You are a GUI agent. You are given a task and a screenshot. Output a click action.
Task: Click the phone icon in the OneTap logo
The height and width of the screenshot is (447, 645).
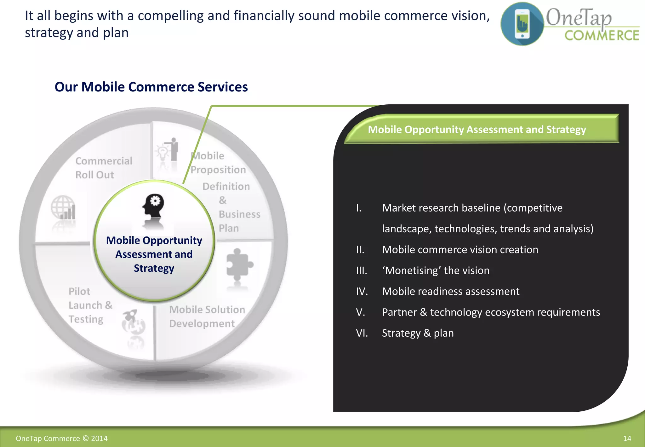pyautogui.click(x=522, y=24)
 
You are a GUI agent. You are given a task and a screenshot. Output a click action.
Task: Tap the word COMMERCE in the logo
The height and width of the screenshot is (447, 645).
pyautogui.click(x=602, y=35)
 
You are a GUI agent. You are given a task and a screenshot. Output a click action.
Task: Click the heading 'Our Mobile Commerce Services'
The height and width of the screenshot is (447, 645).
pyautogui.click(x=151, y=87)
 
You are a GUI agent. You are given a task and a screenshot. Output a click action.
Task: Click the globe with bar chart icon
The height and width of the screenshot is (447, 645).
pyautogui.click(x=63, y=208)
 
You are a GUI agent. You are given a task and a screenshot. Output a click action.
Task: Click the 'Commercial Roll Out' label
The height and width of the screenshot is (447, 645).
pyautogui.click(x=104, y=168)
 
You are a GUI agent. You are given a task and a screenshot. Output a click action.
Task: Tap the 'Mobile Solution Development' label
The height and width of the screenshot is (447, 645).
pyautogui.click(x=207, y=316)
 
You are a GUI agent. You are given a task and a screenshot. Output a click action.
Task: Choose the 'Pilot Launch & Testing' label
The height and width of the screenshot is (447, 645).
pyautogui.click(x=90, y=305)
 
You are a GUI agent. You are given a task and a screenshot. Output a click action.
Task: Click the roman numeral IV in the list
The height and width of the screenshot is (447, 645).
pyautogui.click(x=362, y=291)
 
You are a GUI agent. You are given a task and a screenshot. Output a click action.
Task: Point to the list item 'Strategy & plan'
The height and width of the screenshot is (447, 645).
pyautogui.click(x=418, y=333)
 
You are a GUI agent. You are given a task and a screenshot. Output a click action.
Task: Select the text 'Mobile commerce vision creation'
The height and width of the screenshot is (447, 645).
pyautogui.click(x=460, y=250)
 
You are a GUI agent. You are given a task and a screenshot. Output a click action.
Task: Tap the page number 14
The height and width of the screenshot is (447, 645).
pyautogui.click(x=627, y=438)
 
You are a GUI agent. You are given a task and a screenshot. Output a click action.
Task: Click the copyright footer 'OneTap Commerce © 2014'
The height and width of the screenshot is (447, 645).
pyautogui.click(x=62, y=438)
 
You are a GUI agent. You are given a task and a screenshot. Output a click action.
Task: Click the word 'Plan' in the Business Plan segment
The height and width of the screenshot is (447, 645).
pyautogui.click(x=229, y=228)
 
